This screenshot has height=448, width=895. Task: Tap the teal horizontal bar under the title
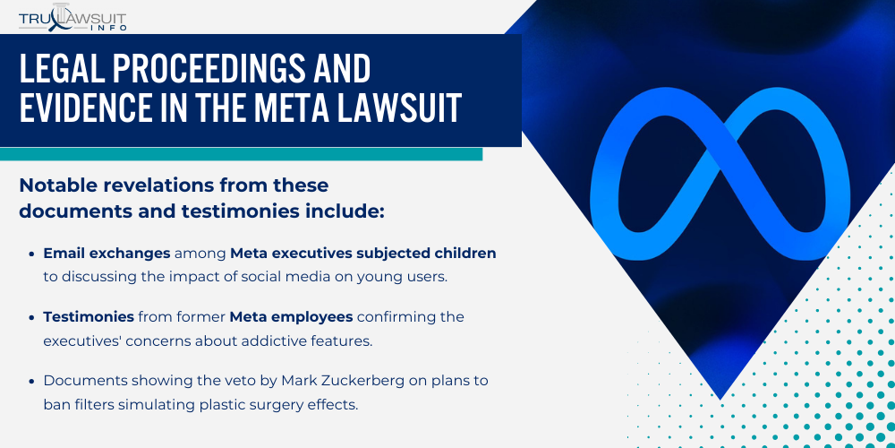[242, 154]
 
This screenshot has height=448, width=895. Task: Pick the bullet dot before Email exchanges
[33, 254]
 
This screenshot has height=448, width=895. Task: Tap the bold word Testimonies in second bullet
[88, 317]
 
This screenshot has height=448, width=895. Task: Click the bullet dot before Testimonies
[33, 317]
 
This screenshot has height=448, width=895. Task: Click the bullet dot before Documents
[33, 381]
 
